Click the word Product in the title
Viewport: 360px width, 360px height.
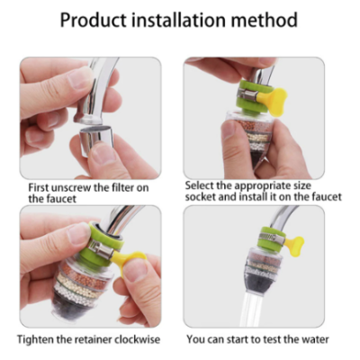(x=94, y=20)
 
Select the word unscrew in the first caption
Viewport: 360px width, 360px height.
(x=71, y=188)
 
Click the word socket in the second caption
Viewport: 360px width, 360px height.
(x=200, y=197)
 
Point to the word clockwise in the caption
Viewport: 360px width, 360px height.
(x=137, y=339)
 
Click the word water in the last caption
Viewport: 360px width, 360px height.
(x=315, y=339)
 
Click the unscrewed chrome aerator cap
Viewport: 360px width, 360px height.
(x=95, y=139)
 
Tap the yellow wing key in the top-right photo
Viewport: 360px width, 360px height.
(x=272, y=101)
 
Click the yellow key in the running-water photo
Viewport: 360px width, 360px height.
(x=294, y=244)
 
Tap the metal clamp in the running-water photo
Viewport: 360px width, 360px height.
(x=272, y=239)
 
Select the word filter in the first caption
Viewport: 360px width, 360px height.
(x=121, y=188)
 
